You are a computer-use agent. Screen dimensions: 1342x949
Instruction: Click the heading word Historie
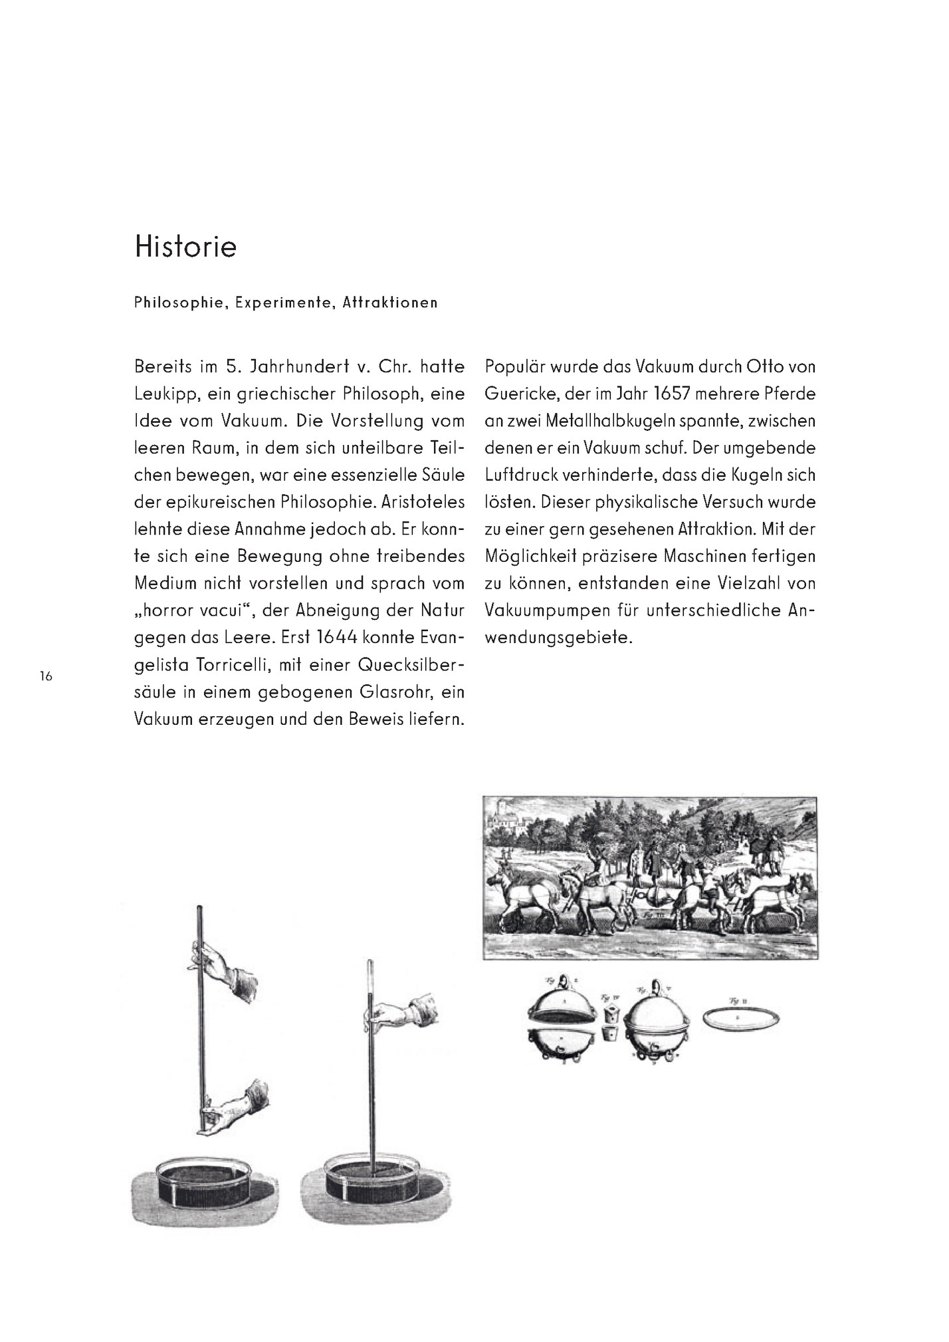[x=185, y=247]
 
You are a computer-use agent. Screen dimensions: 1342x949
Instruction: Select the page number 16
[x=46, y=677]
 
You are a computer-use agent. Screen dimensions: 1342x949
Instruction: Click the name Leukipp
[x=163, y=394]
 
